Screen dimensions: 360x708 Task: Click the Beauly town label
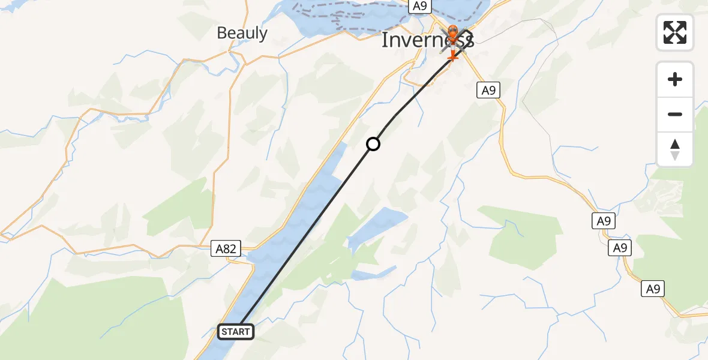(x=242, y=33)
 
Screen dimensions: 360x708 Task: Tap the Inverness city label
(x=427, y=40)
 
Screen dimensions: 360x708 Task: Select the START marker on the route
(x=236, y=332)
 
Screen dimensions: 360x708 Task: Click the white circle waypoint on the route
(x=373, y=144)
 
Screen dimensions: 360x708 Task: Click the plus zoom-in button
(x=675, y=80)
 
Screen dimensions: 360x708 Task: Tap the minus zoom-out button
(x=675, y=114)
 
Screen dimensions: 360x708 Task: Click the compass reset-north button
(x=675, y=149)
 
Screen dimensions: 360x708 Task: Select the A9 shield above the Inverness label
(x=419, y=6)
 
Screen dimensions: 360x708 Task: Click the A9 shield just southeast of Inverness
(x=488, y=91)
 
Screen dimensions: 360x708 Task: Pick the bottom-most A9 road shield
(x=653, y=289)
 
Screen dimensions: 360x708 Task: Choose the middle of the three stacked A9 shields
(x=620, y=248)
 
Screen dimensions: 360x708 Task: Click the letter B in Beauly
(x=221, y=33)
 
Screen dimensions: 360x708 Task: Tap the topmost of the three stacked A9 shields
(x=604, y=221)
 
